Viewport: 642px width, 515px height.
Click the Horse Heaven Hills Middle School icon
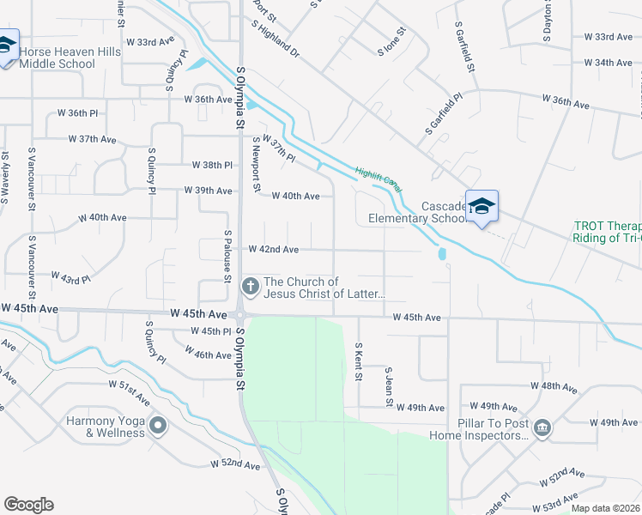tap(7, 45)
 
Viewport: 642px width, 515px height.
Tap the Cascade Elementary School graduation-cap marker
tap(481, 206)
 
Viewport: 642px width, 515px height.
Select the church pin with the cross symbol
tap(250, 285)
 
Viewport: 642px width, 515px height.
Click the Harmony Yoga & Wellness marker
tap(157, 425)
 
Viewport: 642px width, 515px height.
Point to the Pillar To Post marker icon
tap(542, 428)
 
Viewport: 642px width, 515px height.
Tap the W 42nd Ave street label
tap(274, 250)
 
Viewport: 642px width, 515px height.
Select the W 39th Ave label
tap(208, 191)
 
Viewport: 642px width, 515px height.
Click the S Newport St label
tap(256, 163)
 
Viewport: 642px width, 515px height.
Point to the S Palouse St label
tap(228, 256)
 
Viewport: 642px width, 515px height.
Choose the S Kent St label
tap(359, 362)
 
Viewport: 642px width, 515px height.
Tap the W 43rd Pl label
tap(71, 278)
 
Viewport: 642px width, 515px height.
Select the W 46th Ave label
tap(208, 354)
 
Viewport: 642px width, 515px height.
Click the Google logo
tap(28, 505)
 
